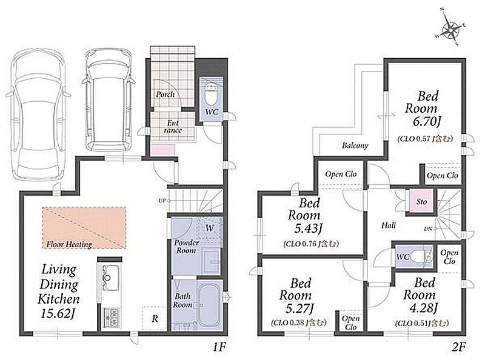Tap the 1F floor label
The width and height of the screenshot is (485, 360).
(x=219, y=347)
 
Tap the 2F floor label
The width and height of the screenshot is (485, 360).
(x=458, y=347)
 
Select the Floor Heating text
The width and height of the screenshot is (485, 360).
(x=69, y=245)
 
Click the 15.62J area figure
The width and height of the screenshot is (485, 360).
(x=58, y=313)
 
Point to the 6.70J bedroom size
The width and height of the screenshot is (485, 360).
(x=426, y=122)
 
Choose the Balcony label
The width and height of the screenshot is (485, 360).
(x=355, y=145)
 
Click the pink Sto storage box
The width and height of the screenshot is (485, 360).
(x=421, y=201)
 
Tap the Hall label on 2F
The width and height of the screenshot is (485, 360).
(x=389, y=225)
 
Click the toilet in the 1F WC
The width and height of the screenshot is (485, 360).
(x=212, y=94)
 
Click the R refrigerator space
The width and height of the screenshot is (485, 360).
(x=155, y=319)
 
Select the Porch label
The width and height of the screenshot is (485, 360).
(x=165, y=95)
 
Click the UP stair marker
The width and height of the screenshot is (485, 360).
(x=162, y=201)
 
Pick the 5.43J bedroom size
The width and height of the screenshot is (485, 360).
(x=309, y=228)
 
